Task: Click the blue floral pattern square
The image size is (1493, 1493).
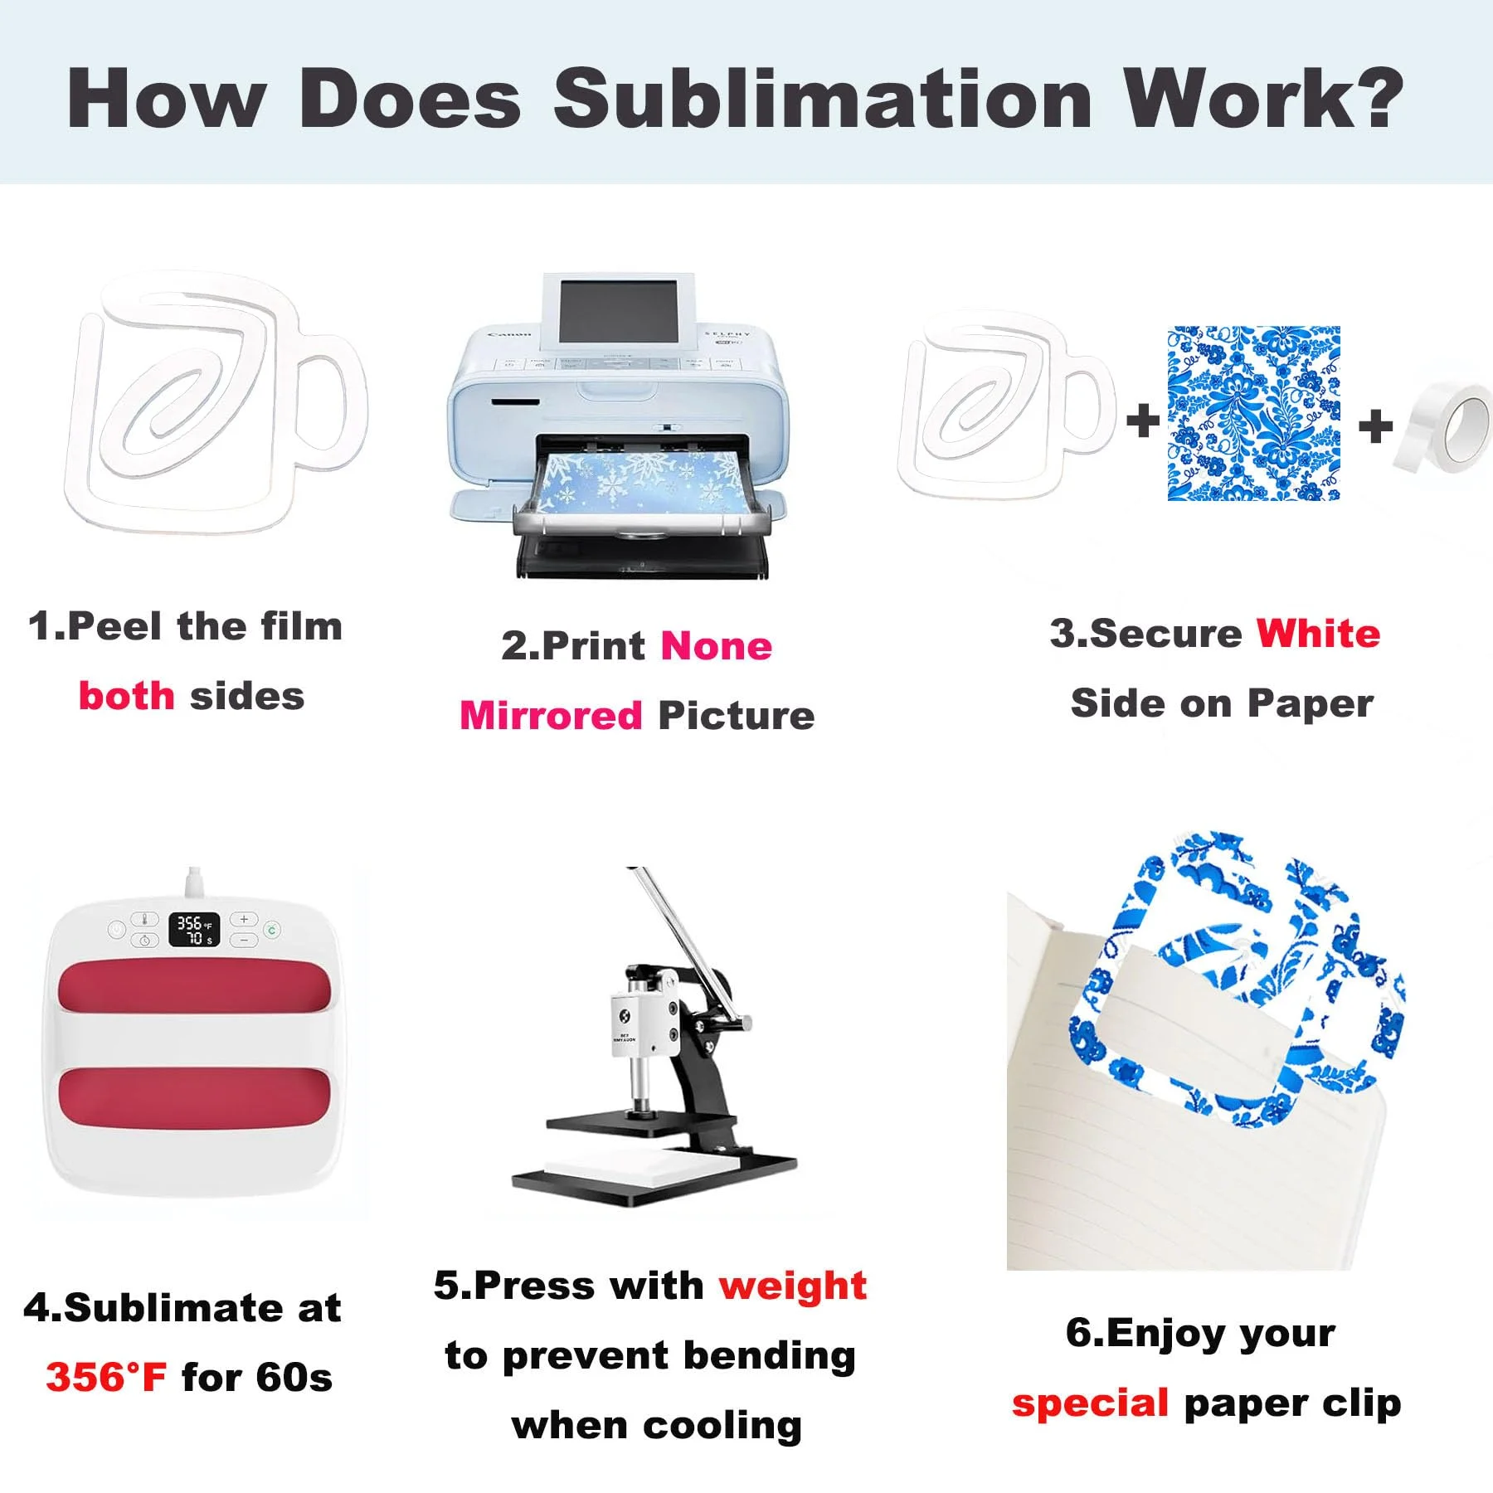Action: click(x=1253, y=413)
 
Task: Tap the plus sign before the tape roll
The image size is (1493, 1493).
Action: click(x=1375, y=426)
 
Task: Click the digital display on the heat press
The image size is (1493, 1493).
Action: click(x=195, y=930)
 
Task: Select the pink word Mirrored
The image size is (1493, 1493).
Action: click(x=551, y=715)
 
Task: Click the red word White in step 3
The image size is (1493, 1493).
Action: click(x=1318, y=634)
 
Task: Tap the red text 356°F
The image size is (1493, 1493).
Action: click(x=106, y=1378)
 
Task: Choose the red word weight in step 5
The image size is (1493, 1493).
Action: click(x=792, y=1286)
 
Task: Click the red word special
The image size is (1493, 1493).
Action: click(x=1090, y=1403)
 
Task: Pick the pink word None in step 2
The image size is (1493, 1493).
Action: click(x=716, y=645)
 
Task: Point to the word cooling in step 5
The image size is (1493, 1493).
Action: click(x=722, y=1427)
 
